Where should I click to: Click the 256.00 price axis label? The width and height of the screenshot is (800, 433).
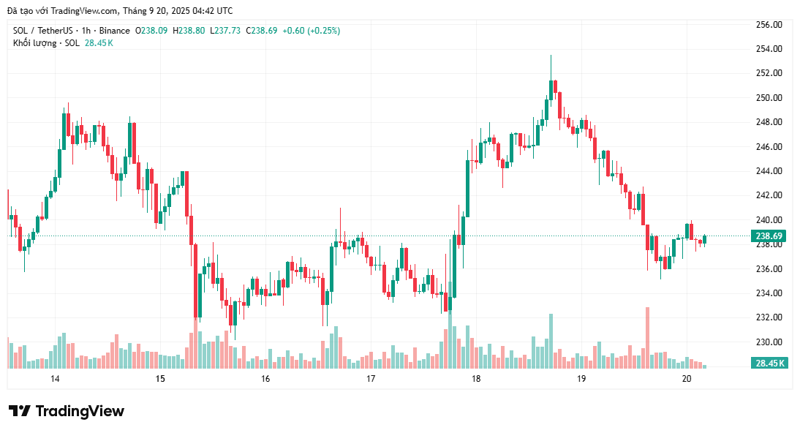coord(769,24)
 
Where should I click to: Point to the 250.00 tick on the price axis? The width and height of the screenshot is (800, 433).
coord(769,97)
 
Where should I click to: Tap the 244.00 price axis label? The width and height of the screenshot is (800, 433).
coord(769,170)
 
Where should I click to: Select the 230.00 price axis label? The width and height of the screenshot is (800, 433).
coord(769,342)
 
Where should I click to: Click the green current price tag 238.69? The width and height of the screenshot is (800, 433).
coord(769,236)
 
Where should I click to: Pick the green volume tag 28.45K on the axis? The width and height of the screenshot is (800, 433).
coord(769,363)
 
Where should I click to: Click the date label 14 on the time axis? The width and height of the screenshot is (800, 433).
coord(55,378)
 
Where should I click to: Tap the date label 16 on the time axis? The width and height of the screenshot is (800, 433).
coord(265,378)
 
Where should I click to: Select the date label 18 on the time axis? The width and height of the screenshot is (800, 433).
coord(476,378)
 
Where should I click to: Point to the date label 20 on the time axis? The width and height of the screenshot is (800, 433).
coord(687,378)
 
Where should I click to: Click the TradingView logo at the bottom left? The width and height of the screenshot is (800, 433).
coord(67,411)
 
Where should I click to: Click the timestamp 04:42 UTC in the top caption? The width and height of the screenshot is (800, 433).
coord(211,11)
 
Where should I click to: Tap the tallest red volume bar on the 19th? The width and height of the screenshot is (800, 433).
coord(647,336)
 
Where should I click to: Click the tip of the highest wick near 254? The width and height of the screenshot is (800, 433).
coord(551,56)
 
